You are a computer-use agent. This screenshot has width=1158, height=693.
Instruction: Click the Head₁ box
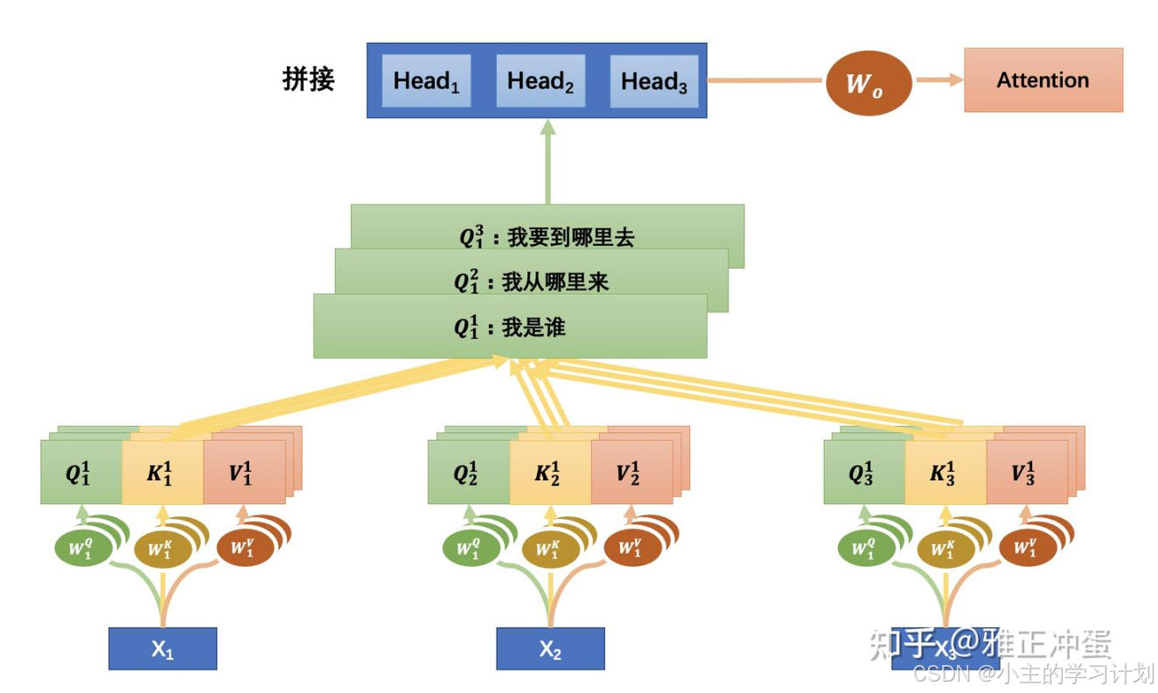426,81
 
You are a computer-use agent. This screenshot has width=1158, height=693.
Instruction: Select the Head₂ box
540,81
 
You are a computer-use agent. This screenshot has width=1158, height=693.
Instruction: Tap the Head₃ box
653,81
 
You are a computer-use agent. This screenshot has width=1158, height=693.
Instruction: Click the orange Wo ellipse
868,83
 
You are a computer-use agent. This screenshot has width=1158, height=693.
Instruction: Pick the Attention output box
1043,80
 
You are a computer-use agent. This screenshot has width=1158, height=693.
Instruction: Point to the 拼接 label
308,80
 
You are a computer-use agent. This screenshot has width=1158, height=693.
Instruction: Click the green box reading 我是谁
510,327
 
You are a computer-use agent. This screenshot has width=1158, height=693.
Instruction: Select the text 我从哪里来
555,282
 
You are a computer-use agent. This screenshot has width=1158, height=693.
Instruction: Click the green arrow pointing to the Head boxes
548,161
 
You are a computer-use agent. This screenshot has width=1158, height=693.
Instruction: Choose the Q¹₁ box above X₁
80,472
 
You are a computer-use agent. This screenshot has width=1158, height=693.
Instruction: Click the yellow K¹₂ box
549,472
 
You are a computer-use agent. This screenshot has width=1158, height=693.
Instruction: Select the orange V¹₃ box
1026,472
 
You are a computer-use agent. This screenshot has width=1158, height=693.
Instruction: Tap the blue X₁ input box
162,649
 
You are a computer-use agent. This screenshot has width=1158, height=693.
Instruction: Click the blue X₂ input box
550,649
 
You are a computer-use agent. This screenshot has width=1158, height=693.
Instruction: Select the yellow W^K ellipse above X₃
941,549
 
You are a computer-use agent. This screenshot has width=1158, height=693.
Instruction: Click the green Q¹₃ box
864,472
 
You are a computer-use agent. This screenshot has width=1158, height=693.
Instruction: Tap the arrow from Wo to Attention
937,80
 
